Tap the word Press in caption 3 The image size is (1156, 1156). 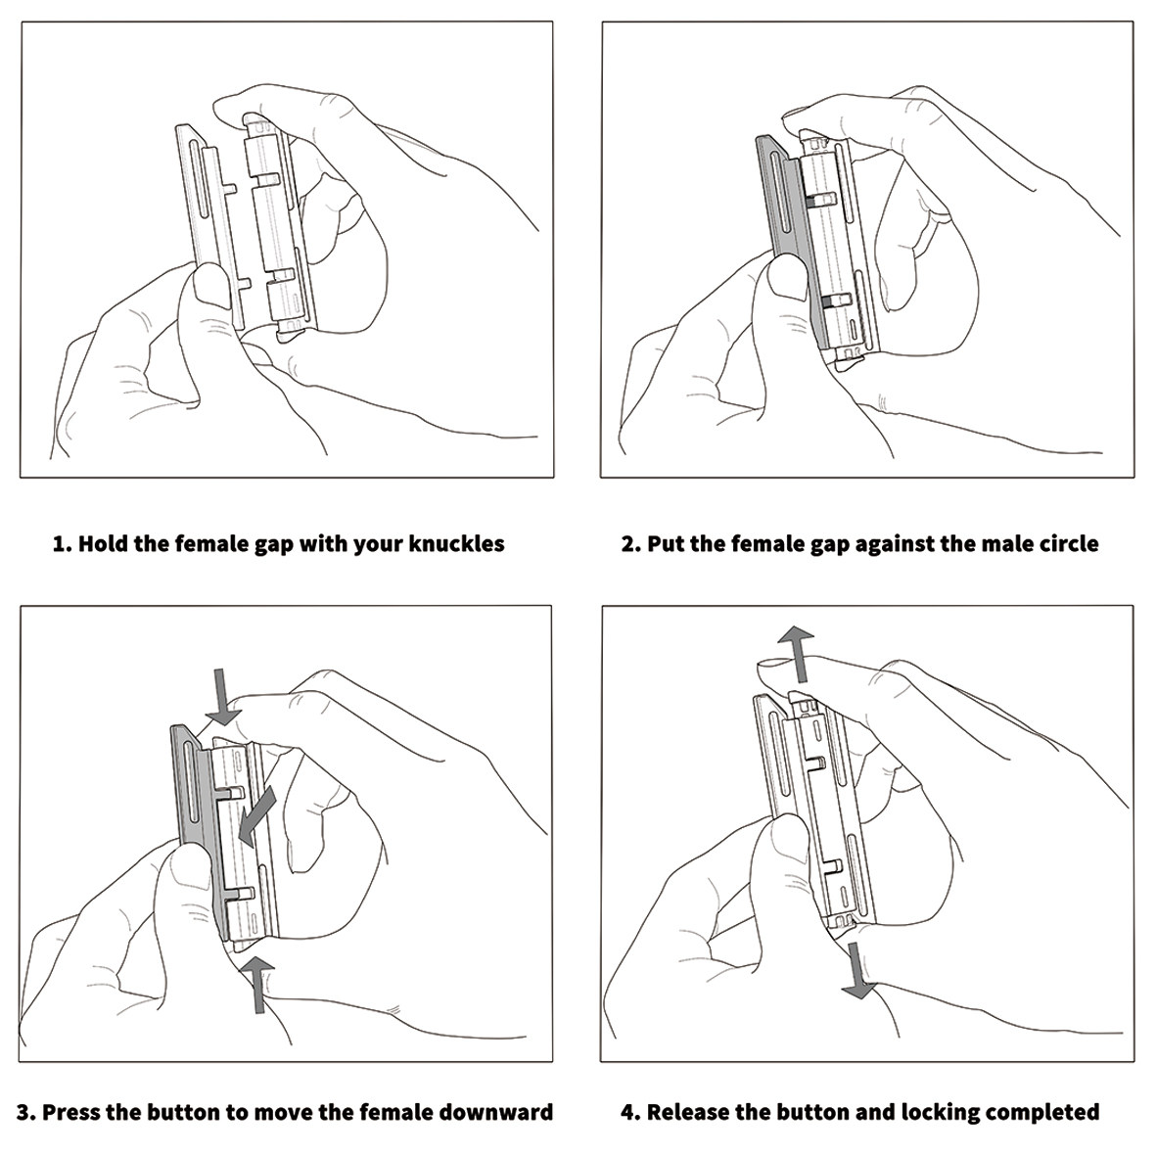tap(76, 1113)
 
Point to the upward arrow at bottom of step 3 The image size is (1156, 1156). tap(256, 984)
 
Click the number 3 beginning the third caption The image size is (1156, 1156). tap(24, 1113)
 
